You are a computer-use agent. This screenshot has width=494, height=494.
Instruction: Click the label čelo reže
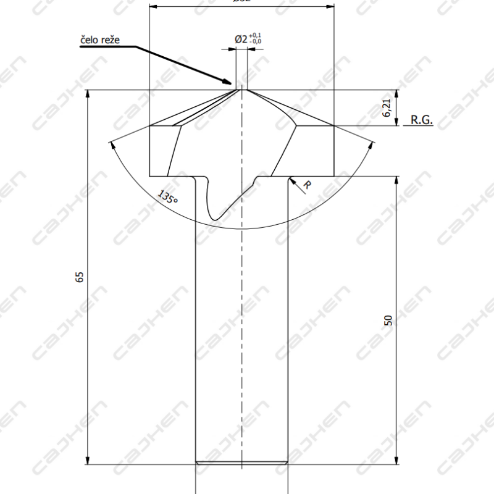(99, 40)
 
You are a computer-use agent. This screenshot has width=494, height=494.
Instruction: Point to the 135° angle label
(167, 198)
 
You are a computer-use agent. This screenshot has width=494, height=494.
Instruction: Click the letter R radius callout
(307, 185)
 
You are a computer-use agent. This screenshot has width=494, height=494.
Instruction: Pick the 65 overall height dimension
(79, 277)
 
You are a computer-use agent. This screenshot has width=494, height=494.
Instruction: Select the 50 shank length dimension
(388, 320)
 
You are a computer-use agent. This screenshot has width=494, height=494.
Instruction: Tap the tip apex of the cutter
(241, 90)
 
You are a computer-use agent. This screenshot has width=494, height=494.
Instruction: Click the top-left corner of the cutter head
(150, 126)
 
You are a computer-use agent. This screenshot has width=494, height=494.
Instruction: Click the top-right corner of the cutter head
(334, 126)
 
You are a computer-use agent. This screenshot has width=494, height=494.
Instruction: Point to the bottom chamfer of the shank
(241, 462)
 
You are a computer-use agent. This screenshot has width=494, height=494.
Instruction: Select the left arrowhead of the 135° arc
(111, 143)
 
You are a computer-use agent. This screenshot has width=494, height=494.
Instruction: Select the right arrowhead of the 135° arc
(372, 143)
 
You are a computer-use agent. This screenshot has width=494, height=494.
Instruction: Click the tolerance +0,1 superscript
(257, 36)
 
